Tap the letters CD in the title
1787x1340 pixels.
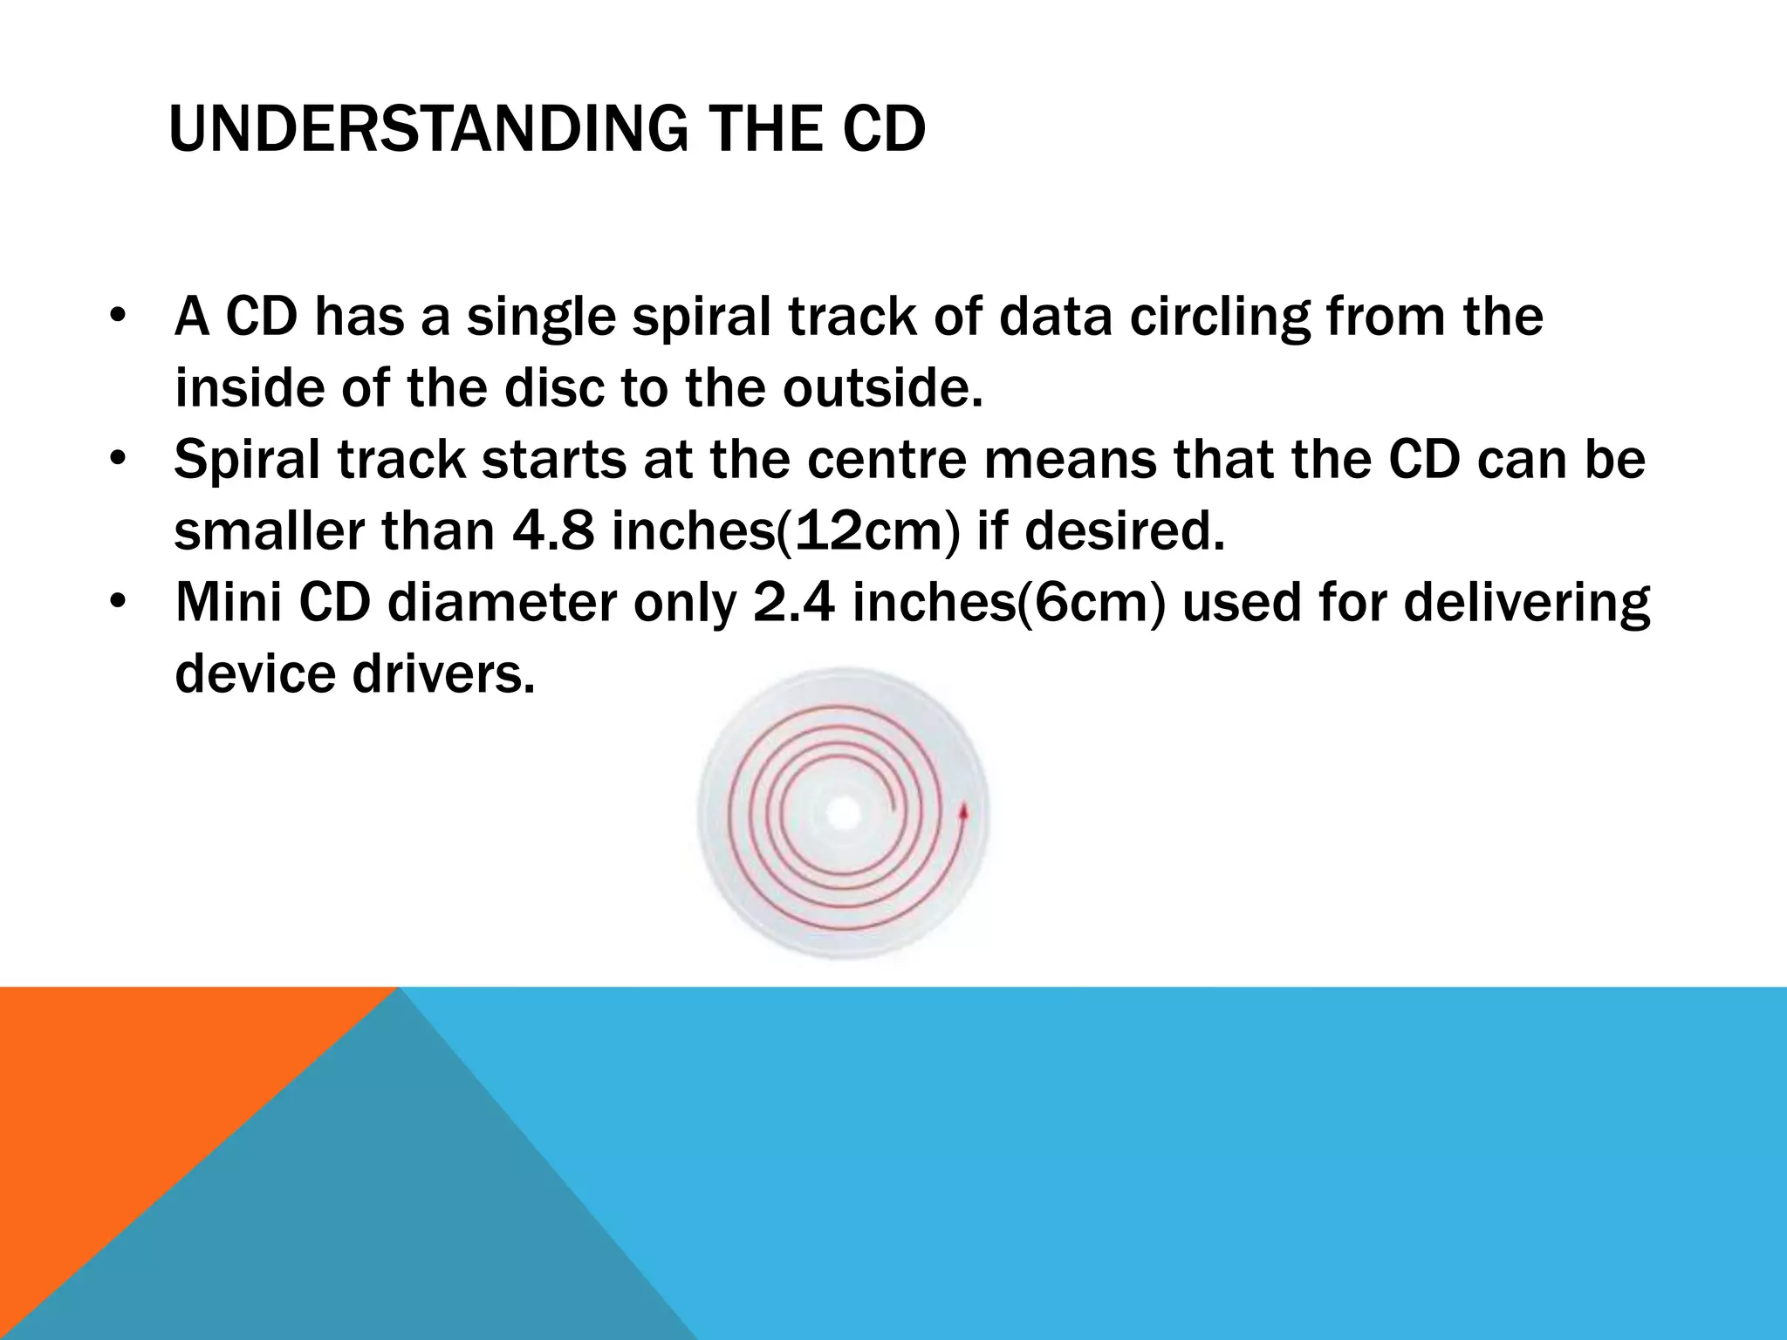click(883, 129)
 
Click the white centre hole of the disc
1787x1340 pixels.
click(843, 814)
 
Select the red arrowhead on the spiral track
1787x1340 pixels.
click(964, 812)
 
